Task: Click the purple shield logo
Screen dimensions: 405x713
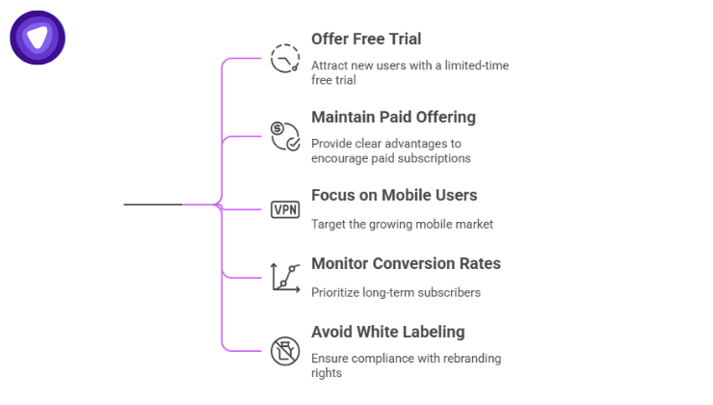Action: pos(38,38)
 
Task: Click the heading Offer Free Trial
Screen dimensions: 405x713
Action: pos(366,40)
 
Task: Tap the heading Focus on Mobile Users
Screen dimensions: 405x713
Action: pos(394,196)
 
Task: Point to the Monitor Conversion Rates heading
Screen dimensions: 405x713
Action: pos(406,264)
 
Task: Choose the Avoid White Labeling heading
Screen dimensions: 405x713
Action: pos(387,333)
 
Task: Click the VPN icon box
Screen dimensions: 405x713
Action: pos(285,209)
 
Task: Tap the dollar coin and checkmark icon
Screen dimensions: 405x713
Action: pos(285,136)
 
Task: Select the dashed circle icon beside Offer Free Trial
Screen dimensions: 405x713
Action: pos(285,59)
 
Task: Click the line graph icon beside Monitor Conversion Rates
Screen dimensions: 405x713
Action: pos(285,277)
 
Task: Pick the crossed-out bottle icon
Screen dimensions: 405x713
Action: pos(285,349)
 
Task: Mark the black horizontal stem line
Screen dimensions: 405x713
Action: pos(154,204)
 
